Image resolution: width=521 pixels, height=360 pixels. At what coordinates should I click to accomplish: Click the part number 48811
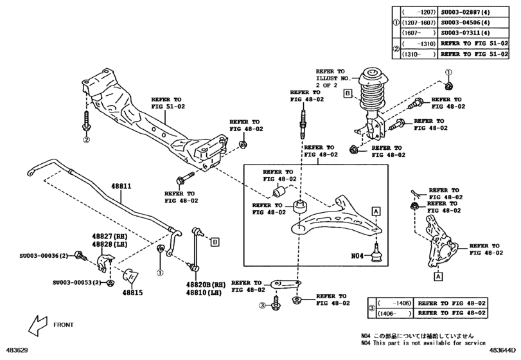pos(121,186)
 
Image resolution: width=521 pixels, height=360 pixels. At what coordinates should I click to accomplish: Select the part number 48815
pos(133,291)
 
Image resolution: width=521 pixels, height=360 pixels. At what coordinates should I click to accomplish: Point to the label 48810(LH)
pos(204,292)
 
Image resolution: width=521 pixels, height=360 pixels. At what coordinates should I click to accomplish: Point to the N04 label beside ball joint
pos(358,255)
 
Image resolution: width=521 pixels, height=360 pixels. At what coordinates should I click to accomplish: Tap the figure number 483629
pos(17,351)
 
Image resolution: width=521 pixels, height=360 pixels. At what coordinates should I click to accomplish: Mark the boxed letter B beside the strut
pos(347,94)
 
